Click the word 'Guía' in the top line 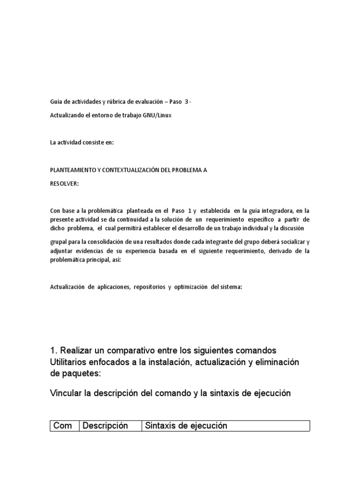coord(56,102)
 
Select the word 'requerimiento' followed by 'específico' coord(228,219)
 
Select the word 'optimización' coord(191,287)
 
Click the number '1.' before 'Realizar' coord(53,351)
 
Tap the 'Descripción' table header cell coord(105,426)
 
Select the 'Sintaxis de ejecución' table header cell coord(186,426)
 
